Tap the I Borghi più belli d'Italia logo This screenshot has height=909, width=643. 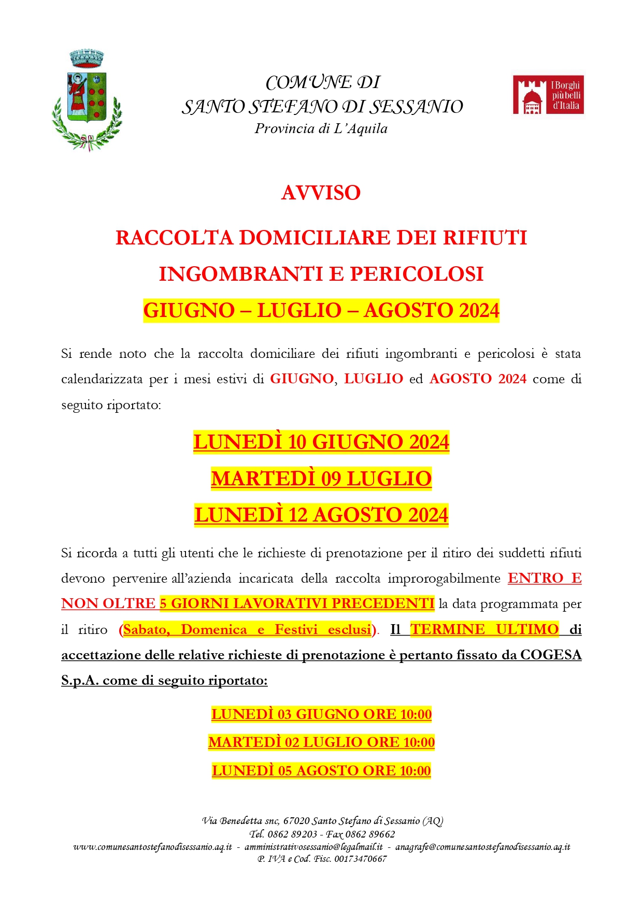coord(548,95)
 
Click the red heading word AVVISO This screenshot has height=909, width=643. coord(321,193)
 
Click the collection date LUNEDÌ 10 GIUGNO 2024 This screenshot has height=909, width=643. coord(321,442)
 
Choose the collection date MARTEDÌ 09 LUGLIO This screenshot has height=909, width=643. coord(321,479)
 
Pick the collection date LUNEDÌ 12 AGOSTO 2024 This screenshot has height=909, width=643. coord(321,515)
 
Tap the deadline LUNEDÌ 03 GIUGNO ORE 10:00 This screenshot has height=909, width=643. coord(321,714)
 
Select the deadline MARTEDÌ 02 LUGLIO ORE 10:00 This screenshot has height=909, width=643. coord(321,742)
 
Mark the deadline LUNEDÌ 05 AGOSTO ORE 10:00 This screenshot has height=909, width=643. coord(321,771)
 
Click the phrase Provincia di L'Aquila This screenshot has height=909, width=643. coord(321,129)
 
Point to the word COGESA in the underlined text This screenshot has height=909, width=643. coord(551,655)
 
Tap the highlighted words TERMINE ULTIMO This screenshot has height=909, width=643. coord(484,629)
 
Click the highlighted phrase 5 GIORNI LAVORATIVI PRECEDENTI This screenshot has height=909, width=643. coord(297,603)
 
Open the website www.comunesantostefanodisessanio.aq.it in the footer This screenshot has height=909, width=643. coord(152,847)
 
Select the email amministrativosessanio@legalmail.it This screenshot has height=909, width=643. coord(313,847)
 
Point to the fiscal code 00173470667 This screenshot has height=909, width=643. coord(361,859)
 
